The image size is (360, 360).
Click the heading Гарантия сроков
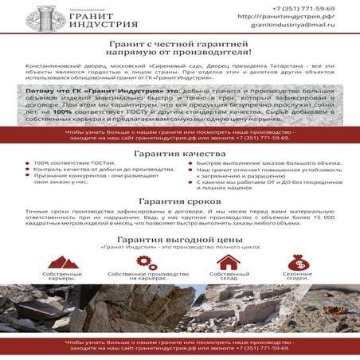click(x=179, y=202)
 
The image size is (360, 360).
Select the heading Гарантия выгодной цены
click(x=179, y=239)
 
